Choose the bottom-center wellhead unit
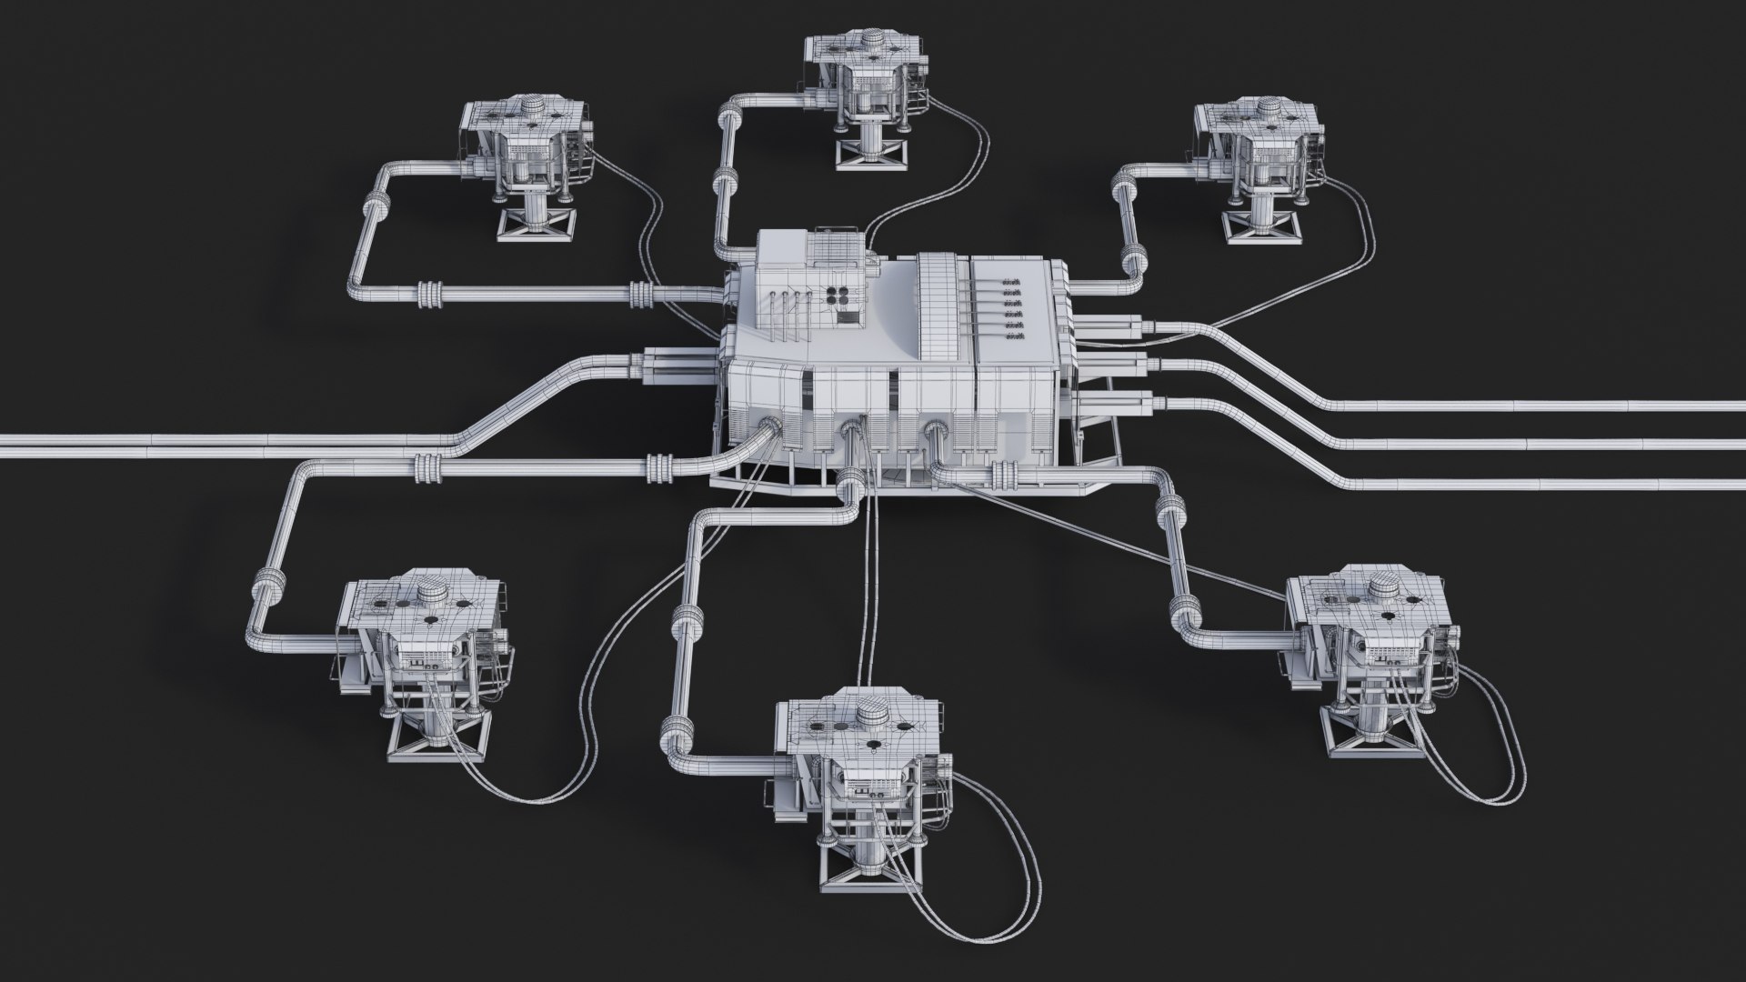pyautogui.click(x=859, y=773)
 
